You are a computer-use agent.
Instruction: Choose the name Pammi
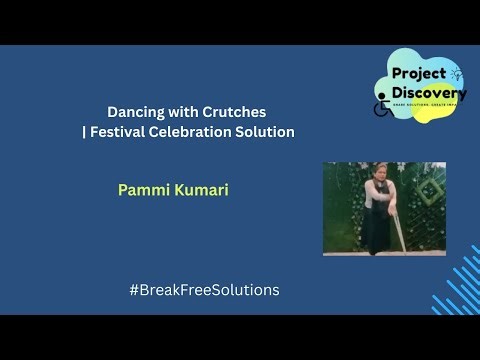tap(140, 190)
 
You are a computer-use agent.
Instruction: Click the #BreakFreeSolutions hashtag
tap(204, 290)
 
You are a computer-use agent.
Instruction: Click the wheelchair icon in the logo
tap(381, 108)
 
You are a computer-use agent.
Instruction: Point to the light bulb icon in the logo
tap(457, 73)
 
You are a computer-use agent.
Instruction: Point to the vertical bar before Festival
tap(84, 132)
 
